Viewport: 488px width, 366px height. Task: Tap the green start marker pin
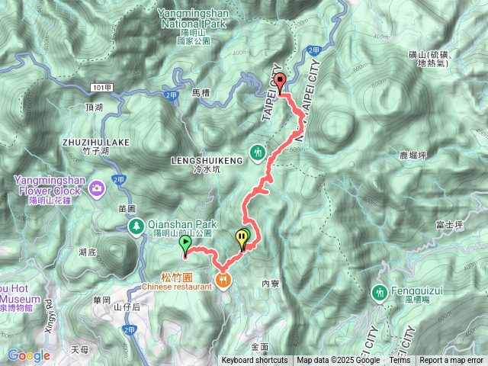(x=185, y=243)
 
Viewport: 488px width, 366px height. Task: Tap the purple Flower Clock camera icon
(x=97, y=188)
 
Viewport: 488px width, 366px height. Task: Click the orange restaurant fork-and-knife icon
(x=223, y=281)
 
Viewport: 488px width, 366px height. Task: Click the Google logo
(x=28, y=355)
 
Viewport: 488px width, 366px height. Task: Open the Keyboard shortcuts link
(x=255, y=361)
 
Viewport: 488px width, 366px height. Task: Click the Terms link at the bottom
(x=399, y=361)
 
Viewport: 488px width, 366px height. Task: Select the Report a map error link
(x=451, y=361)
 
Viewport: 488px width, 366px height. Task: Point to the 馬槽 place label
(x=201, y=92)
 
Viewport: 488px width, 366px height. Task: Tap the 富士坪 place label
(x=449, y=225)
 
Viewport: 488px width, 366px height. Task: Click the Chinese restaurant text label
(x=176, y=287)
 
